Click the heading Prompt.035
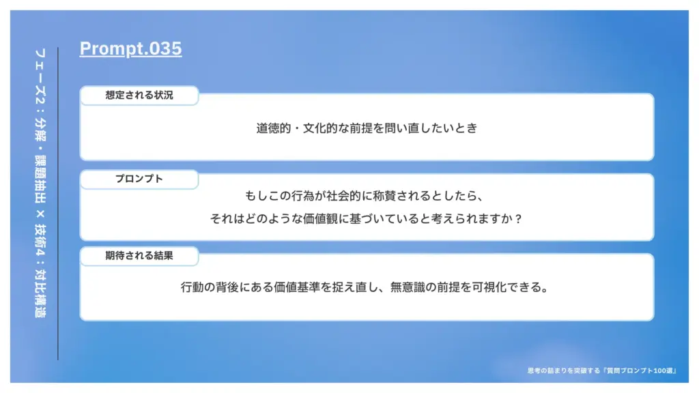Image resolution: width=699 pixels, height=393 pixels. pyautogui.click(x=130, y=48)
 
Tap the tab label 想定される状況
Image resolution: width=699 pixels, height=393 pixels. pyautogui.click(x=139, y=95)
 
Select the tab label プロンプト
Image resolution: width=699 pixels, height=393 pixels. pyautogui.click(x=139, y=179)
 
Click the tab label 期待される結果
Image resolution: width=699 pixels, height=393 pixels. pyautogui.click(x=139, y=255)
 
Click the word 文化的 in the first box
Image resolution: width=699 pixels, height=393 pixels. pyautogui.click(x=320, y=128)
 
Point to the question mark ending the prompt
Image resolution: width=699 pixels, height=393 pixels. pyautogui.click(x=517, y=219)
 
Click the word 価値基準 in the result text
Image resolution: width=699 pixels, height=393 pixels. pyautogui.click(x=297, y=287)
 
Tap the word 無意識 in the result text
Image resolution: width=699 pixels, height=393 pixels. pyautogui.click(x=408, y=287)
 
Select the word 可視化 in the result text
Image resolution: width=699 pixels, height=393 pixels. pyautogui.click(x=489, y=287)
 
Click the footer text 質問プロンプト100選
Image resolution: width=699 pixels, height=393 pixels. pyautogui.click(x=640, y=370)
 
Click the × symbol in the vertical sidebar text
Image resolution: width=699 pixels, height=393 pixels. pyautogui.click(x=40, y=214)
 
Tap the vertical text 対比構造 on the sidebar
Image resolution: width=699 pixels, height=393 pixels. pyautogui.click(x=40, y=293)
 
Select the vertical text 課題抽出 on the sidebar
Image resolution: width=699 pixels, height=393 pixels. pyautogui.click(x=40, y=179)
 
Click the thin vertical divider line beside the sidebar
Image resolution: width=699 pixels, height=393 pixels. pyautogui.click(x=58, y=203)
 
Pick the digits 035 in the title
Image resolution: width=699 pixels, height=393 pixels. pyautogui.click(x=165, y=48)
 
